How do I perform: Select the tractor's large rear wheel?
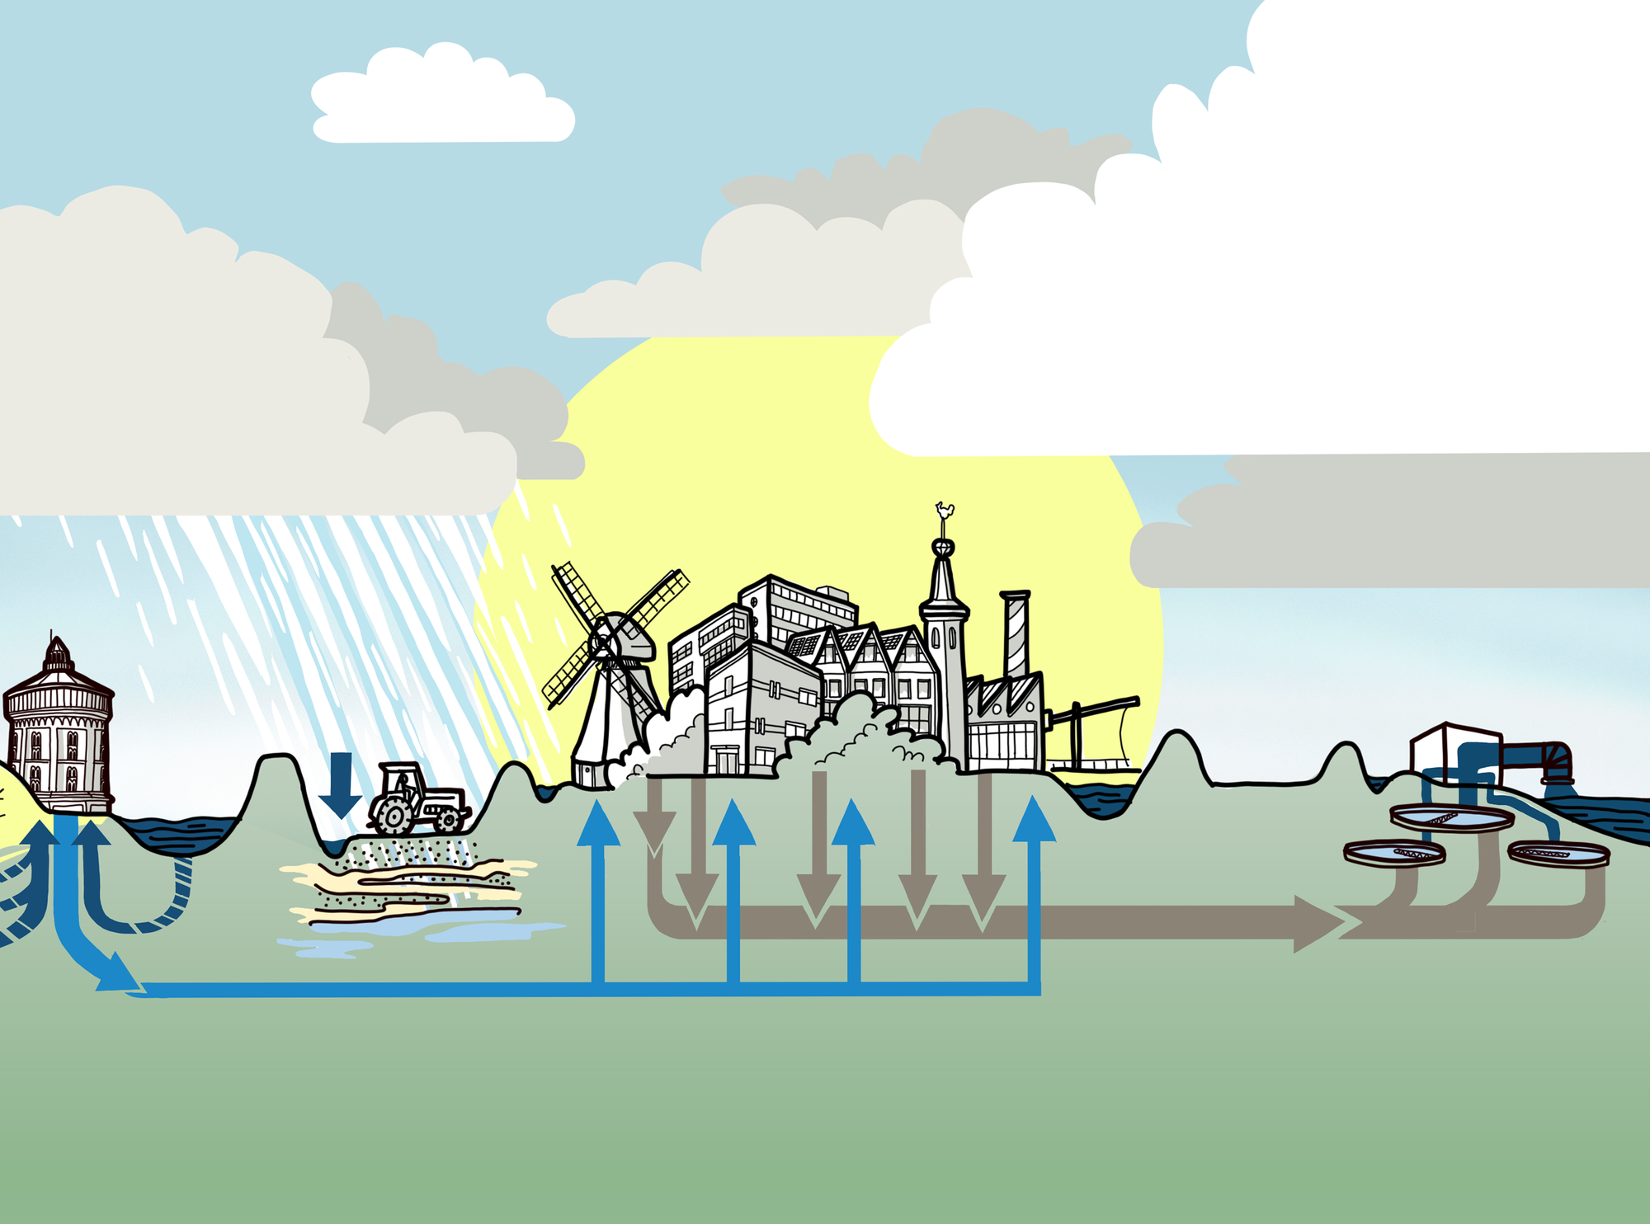coord(393,815)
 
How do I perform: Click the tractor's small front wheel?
coord(449,818)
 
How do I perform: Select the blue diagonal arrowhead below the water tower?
coord(115,973)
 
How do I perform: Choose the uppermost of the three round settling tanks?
coord(1450,817)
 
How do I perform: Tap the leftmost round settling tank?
coord(1394,852)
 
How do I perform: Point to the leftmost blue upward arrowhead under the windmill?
coord(598,825)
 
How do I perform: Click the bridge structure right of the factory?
coord(1093,734)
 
